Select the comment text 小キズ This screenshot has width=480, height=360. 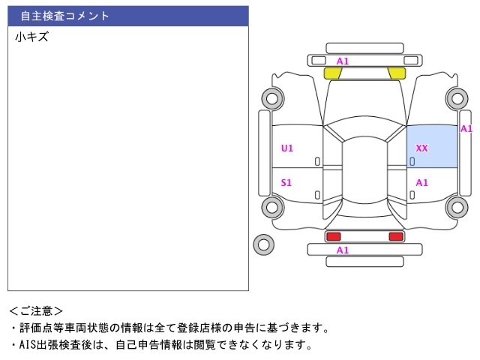pos(31,37)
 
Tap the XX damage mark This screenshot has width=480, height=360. pos(421,148)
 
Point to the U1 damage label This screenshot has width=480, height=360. pos(287,148)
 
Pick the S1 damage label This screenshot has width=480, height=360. pos(286,182)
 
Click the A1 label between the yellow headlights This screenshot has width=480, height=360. pos(343,61)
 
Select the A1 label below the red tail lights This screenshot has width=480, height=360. pos(343,250)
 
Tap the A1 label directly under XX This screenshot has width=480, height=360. pos(421,182)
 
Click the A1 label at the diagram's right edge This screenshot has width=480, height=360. pos(466,128)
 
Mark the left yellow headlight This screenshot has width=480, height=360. pos(333,73)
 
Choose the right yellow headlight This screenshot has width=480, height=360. pos(397,73)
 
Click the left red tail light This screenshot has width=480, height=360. pos(333,236)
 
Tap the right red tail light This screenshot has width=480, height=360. pos(395,236)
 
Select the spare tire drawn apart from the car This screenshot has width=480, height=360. pos(263,244)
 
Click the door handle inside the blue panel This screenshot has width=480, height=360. pos(412,161)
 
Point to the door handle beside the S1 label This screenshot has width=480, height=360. pos(317,195)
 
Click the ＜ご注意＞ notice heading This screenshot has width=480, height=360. pos(36,310)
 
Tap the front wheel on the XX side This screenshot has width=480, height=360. pos(455,97)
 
